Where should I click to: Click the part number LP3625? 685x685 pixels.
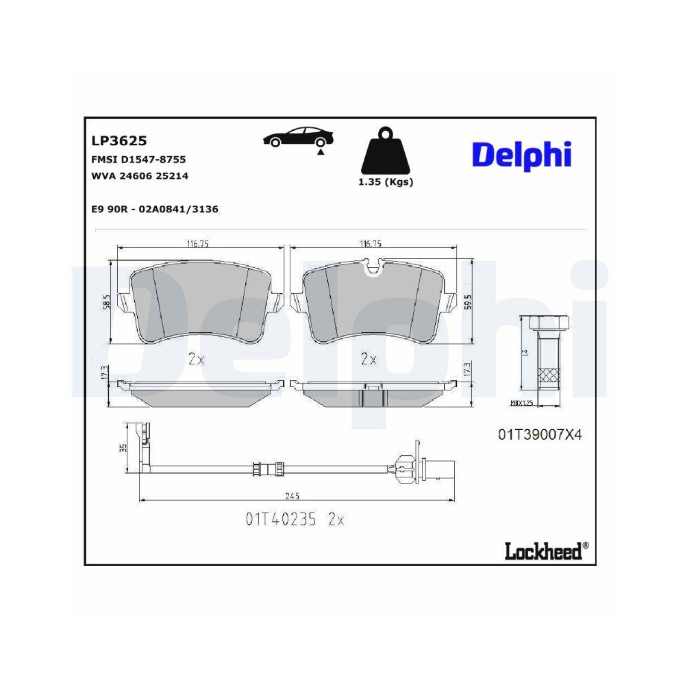[119, 141]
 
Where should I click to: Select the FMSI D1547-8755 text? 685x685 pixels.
[138, 160]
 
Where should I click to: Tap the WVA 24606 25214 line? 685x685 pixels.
[140, 176]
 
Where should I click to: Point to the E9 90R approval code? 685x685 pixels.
[154, 209]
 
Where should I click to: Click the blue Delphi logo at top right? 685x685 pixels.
[521, 155]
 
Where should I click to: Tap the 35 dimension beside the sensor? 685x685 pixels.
[123, 448]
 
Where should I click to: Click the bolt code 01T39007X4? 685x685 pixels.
[539, 434]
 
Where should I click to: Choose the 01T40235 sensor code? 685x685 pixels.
[281, 520]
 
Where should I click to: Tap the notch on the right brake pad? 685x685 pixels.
[373, 266]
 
